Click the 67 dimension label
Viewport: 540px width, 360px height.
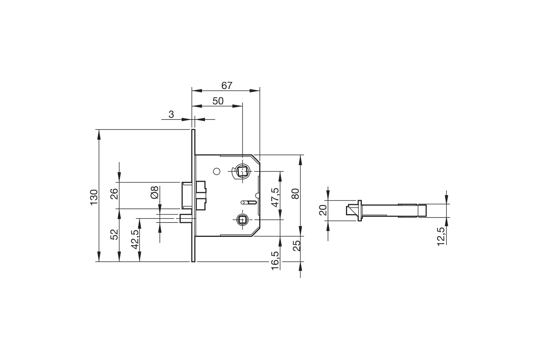point(226,86)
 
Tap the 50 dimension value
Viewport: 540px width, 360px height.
point(218,101)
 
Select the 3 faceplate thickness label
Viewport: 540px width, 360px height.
point(171,114)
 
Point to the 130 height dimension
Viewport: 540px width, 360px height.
point(94,197)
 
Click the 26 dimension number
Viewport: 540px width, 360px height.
point(114,194)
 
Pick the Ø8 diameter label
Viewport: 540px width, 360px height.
point(154,192)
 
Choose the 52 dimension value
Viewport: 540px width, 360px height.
point(114,234)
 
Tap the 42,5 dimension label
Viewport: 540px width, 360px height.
point(135,239)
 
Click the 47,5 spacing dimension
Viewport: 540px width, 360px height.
point(275,198)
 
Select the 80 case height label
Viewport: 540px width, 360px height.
point(295,194)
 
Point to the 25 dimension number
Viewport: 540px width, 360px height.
point(297,246)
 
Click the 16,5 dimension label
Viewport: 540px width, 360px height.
point(275,261)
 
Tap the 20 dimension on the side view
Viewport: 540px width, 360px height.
point(323,210)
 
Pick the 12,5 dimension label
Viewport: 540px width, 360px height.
point(441,237)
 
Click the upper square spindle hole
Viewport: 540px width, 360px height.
point(242,171)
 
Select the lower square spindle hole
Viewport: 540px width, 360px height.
point(242,220)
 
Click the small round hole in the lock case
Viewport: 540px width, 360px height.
point(217,171)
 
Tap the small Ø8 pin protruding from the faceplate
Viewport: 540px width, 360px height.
point(186,219)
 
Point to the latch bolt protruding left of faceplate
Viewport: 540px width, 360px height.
point(187,195)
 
